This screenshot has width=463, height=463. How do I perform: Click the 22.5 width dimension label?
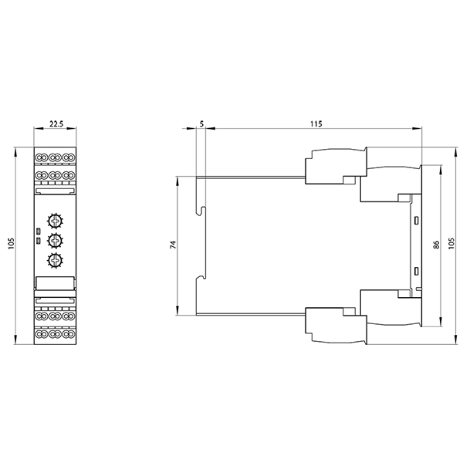point(56,123)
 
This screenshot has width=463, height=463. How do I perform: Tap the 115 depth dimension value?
point(316,123)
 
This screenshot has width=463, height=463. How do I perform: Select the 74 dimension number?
point(173,245)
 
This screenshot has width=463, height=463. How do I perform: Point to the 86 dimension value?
point(436,245)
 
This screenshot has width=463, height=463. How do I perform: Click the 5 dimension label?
point(201,123)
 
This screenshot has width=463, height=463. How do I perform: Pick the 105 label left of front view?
point(11,243)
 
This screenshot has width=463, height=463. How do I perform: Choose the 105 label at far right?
point(451,243)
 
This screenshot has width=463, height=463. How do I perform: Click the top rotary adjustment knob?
point(55,221)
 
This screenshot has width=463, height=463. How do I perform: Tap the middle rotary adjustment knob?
point(55,241)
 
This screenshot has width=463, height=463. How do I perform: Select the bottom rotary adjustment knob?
point(55,261)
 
